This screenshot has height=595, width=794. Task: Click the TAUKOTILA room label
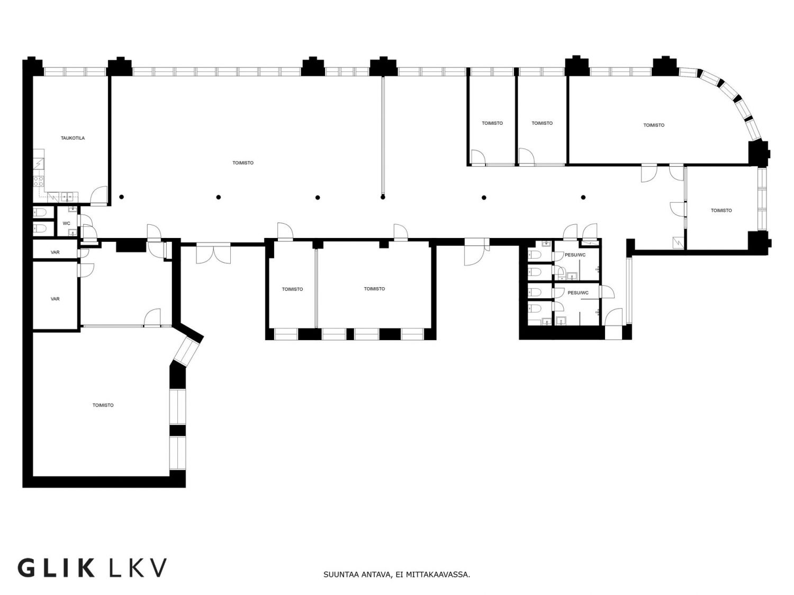(73, 138)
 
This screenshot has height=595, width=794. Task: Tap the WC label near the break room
(67, 223)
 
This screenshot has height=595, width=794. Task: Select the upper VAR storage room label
(55, 252)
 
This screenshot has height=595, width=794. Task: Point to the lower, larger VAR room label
(55, 299)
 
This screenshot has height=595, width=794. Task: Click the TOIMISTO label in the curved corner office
(654, 125)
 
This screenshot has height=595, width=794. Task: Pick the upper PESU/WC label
(575, 255)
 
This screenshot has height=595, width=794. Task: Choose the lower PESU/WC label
(578, 292)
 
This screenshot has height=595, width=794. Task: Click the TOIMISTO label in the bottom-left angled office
(103, 405)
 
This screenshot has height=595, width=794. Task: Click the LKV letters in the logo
(138, 568)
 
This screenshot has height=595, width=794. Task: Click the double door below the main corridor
(213, 254)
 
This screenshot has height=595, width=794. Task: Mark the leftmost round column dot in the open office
(122, 197)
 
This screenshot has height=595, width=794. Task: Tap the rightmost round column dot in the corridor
(583, 197)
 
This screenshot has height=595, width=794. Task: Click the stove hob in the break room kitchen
(39, 181)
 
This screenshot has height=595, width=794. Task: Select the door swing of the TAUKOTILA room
(99, 196)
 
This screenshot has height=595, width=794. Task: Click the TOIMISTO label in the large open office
(243, 163)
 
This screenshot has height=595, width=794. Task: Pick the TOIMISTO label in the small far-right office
(721, 210)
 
